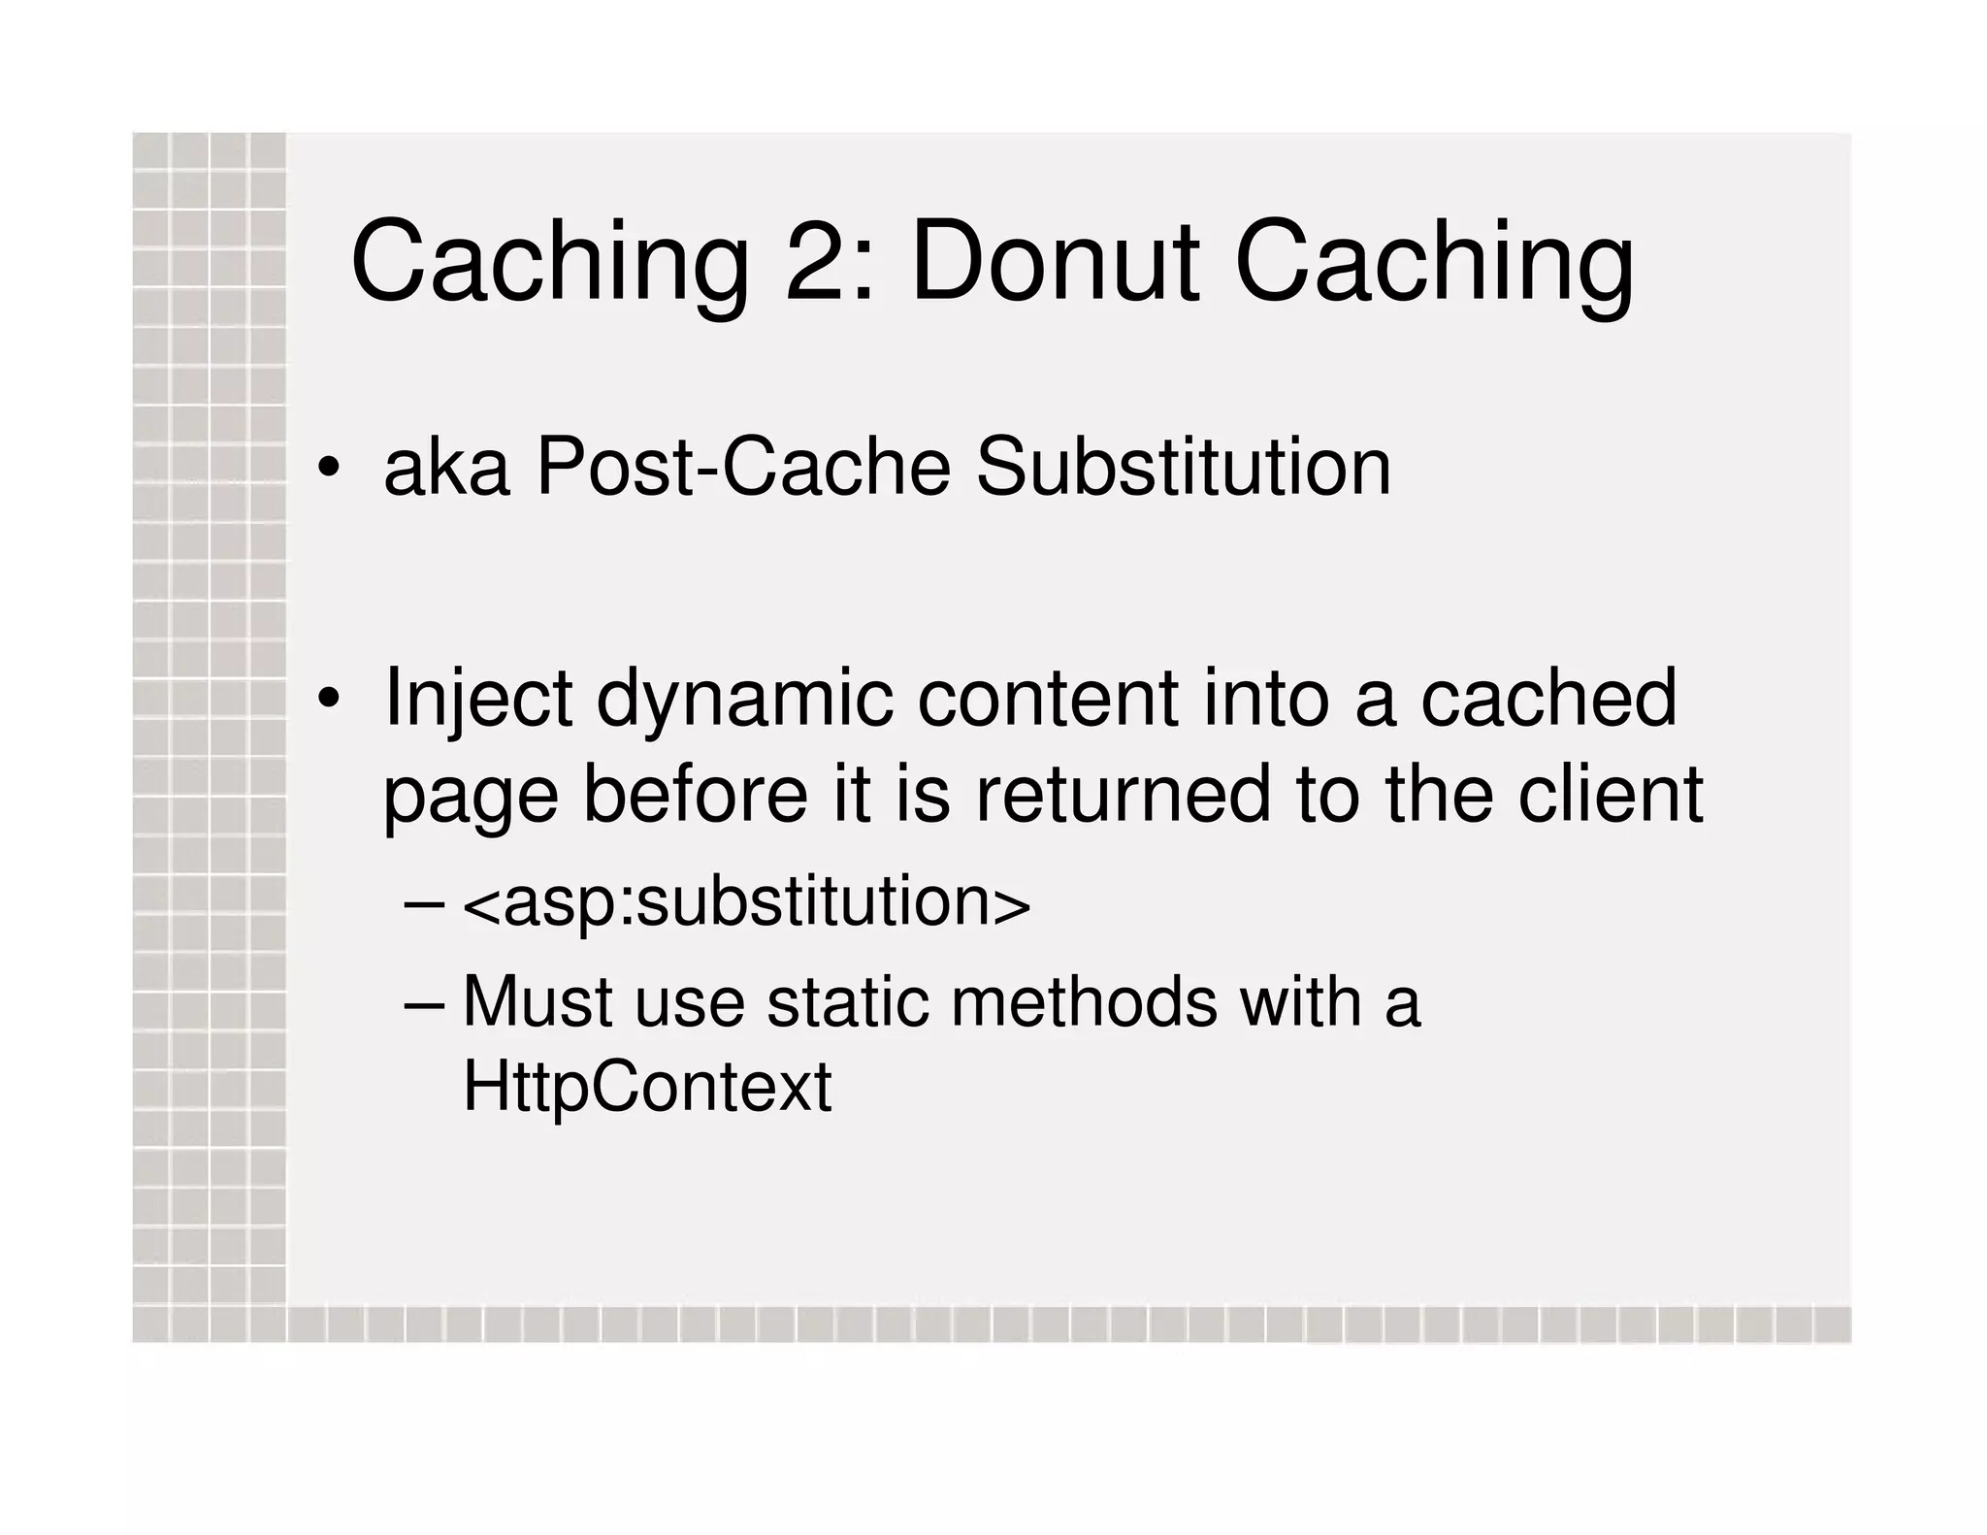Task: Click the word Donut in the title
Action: [x=1055, y=263]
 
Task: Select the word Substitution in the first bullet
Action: [x=1183, y=468]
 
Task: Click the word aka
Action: [x=446, y=468]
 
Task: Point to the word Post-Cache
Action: [x=742, y=468]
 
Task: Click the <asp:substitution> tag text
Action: [x=746, y=902]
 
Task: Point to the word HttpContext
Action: [x=647, y=1087]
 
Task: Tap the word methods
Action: [x=1084, y=1001]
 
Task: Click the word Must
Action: [x=537, y=1001]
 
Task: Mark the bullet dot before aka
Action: [x=329, y=469]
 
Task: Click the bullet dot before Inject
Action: [x=329, y=699]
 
